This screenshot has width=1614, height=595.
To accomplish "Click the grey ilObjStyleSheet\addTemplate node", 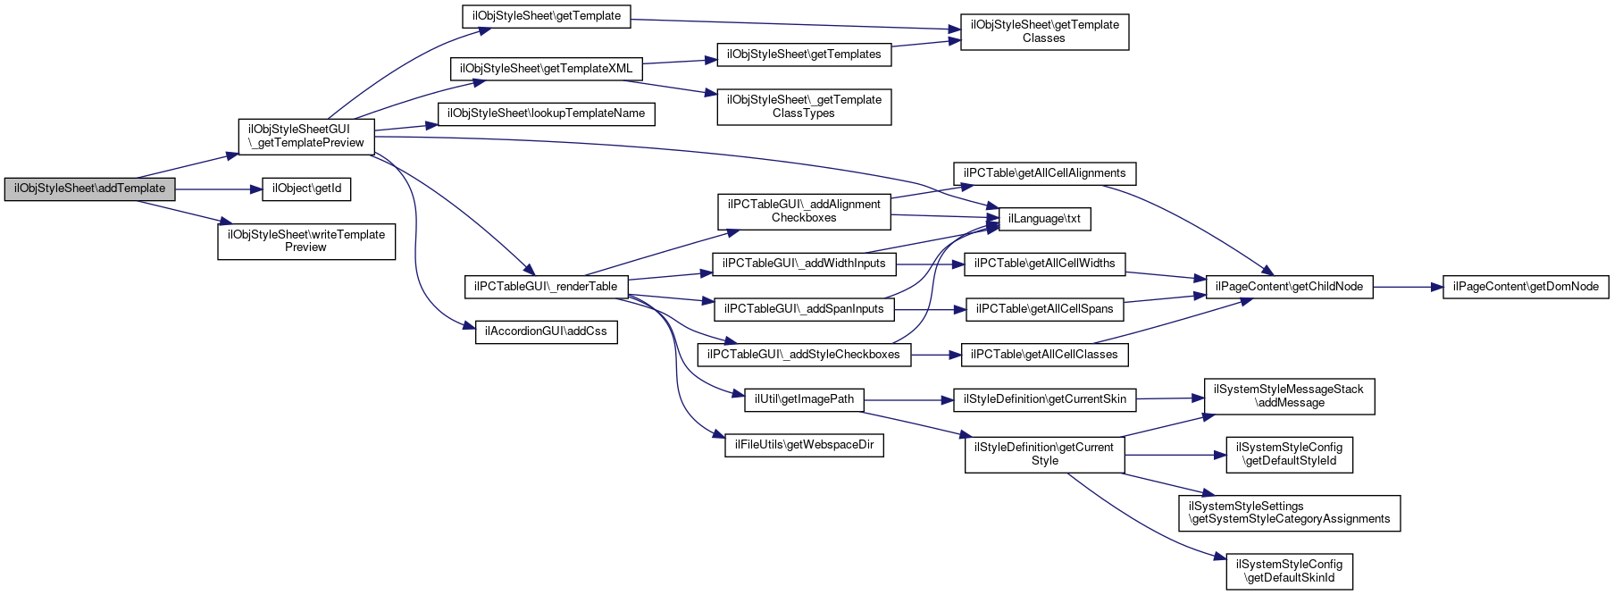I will click(x=89, y=189).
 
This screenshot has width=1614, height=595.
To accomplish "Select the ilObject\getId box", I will click(x=306, y=189).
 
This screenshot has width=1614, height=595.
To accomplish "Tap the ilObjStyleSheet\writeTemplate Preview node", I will click(x=306, y=241).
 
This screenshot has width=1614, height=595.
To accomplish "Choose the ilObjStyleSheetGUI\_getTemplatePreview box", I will click(x=306, y=136).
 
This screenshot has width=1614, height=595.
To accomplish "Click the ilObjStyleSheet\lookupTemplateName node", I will click(x=546, y=113).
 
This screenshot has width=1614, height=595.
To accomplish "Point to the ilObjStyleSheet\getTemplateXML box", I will click(x=546, y=69).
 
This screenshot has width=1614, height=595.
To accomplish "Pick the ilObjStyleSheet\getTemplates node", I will click(x=804, y=54).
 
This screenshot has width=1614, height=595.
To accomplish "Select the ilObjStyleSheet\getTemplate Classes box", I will click(x=1044, y=31).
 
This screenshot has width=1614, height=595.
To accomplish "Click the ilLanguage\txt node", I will click(x=1044, y=219).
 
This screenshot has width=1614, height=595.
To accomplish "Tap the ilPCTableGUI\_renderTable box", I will click(x=546, y=287).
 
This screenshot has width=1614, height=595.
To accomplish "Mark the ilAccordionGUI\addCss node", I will click(x=546, y=331).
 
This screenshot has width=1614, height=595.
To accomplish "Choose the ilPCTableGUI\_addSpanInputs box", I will click(x=804, y=309).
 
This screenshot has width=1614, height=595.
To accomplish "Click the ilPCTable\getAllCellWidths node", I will click(x=1044, y=264).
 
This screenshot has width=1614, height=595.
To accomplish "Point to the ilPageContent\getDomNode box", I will click(x=1526, y=287).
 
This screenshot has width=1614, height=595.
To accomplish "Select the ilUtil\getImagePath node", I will click(x=804, y=399).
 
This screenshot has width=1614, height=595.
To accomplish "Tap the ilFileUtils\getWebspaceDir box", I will click(x=804, y=445).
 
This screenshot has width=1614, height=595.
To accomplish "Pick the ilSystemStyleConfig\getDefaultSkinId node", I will click(x=1290, y=571).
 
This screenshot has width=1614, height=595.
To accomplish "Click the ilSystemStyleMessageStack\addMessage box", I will click(x=1289, y=396).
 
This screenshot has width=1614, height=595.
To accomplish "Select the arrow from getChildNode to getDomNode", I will click(x=1408, y=287).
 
